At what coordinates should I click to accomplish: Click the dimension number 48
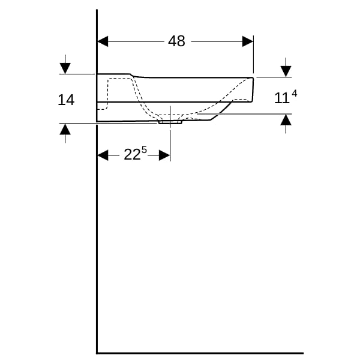tap(176, 41)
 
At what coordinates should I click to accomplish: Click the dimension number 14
tap(66, 100)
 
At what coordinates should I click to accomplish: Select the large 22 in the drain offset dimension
tap(132, 154)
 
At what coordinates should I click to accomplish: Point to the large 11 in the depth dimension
tap(281, 98)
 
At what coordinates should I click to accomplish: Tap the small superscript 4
tap(294, 94)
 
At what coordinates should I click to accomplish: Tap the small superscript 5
tap(144, 150)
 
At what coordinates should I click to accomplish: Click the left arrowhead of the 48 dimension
tap(103, 41)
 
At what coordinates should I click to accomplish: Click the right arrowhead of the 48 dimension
tap(248, 41)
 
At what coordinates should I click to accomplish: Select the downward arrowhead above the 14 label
tap(65, 68)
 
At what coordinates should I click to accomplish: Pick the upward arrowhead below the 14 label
tap(65, 129)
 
